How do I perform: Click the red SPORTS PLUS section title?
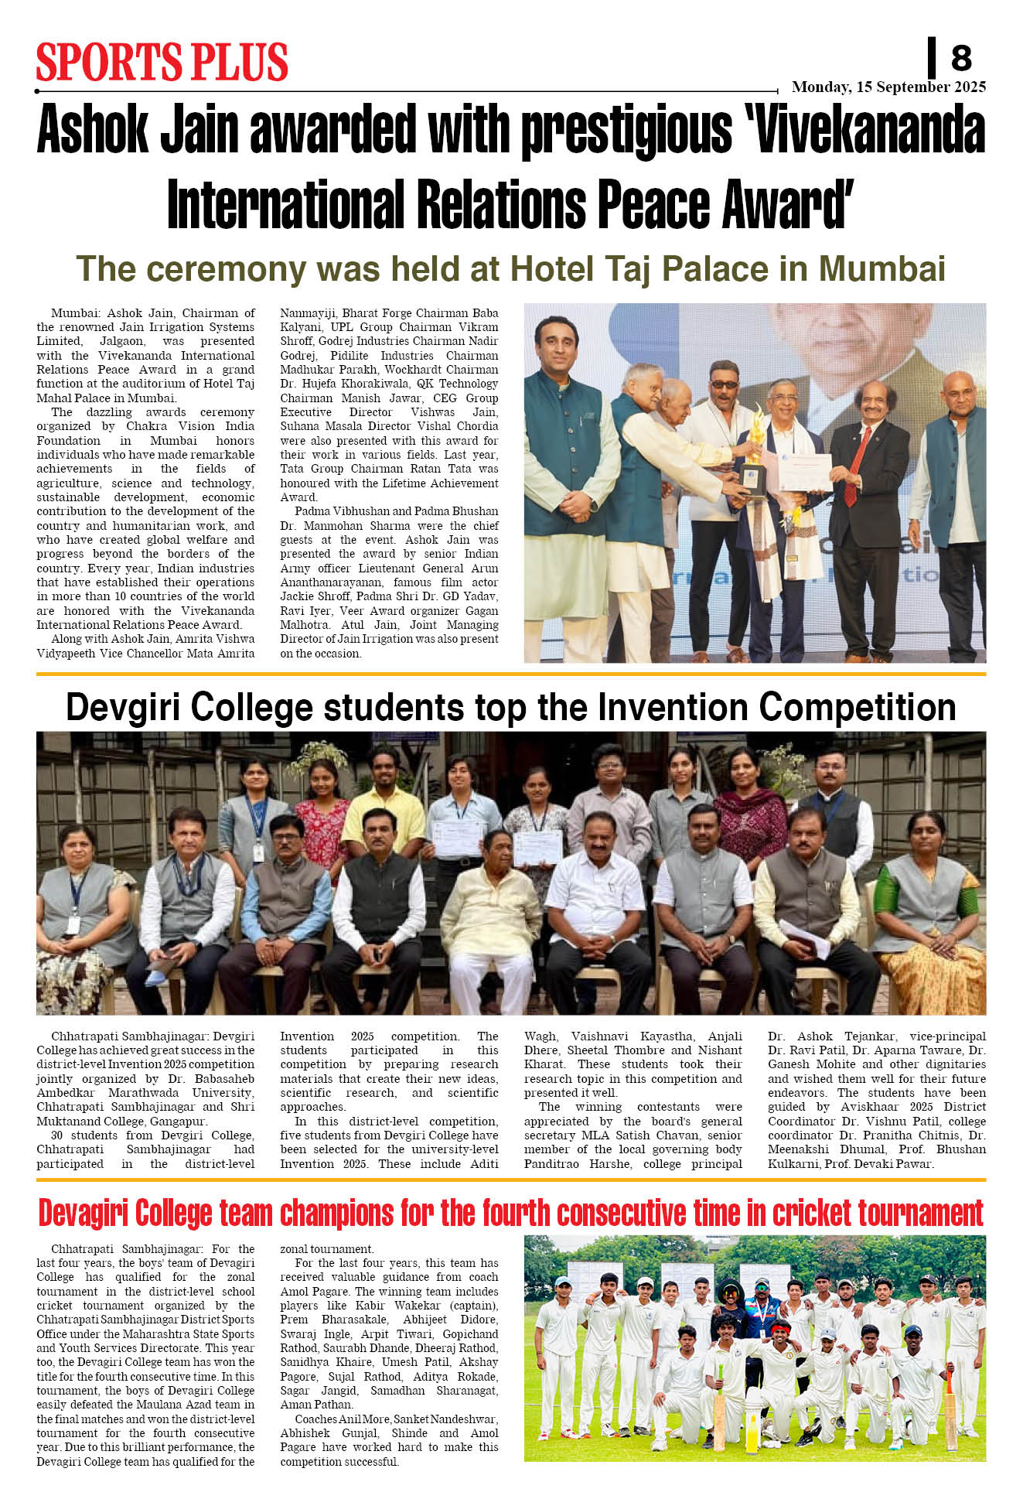tap(162, 63)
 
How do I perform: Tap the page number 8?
tap(960, 58)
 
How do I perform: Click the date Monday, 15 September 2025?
tap(888, 87)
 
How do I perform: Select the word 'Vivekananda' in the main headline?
tap(869, 130)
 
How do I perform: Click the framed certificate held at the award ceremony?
tap(805, 472)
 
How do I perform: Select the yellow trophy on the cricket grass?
tap(751, 1422)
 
